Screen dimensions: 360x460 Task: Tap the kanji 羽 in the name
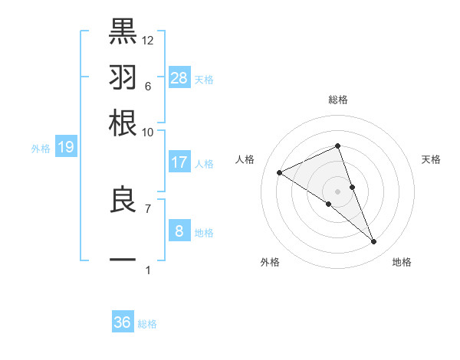point(123,77)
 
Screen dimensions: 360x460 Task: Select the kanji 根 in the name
point(123,123)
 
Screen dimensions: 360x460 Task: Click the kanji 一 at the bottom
point(123,260)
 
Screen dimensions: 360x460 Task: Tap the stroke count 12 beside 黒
point(148,40)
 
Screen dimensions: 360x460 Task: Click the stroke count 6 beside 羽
point(147,86)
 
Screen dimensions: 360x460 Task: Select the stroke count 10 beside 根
point(147,132)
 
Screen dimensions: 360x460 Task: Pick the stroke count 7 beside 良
point(147,208)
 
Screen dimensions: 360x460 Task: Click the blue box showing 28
point(179,77)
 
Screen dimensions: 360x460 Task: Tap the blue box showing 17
point(179,162)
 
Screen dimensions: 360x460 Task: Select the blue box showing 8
point(179,231)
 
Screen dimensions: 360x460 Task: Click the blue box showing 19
point(66,147)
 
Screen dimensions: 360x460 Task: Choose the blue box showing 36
point(123,322)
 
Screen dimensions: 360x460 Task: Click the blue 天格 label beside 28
point(204,80)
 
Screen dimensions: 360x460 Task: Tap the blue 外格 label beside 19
point(40,149)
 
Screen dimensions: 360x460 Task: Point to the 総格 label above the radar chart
point(337,100)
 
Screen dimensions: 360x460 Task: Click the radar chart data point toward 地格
point(374,242)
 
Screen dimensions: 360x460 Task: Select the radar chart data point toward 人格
point(280,173)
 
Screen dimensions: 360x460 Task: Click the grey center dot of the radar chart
point(337,191)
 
